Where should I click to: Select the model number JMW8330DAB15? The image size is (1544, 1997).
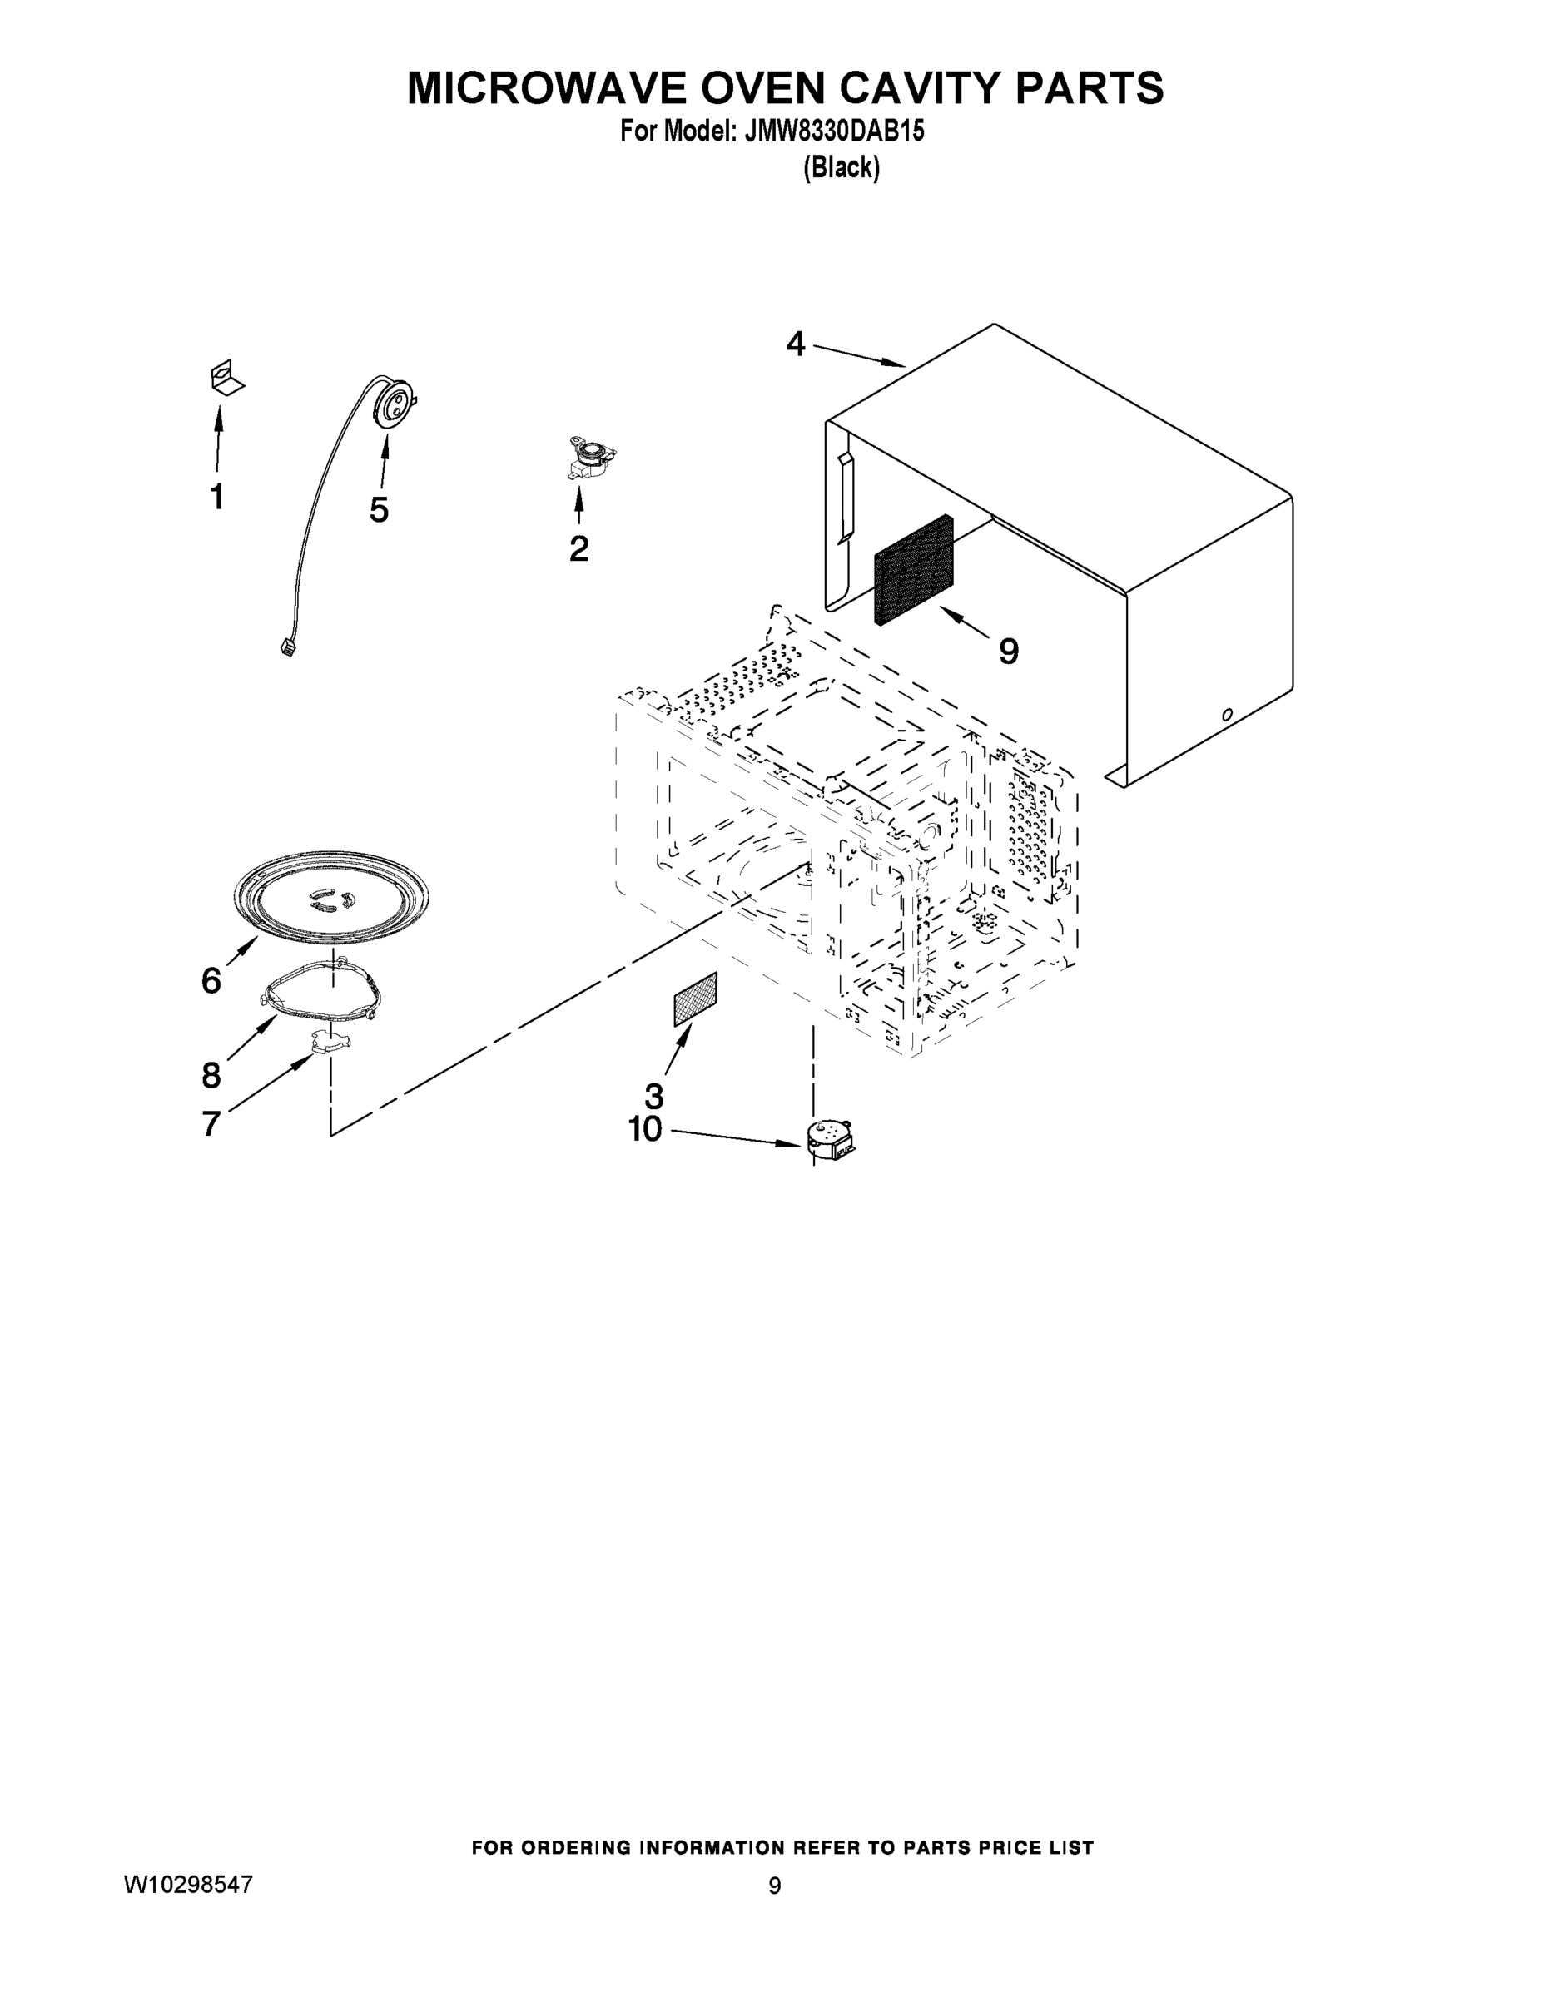[x=834, y=131]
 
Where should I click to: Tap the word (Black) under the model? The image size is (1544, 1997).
[x=842, y=168]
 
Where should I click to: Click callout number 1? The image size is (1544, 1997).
[x=216, y=498]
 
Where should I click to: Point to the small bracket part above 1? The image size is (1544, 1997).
[x=224, y=378]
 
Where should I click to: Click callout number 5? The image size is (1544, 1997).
[x=379, y=509]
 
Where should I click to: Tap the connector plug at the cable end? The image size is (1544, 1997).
[x=287, y=648]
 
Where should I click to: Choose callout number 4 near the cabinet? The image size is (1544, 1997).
[x=796, y=344]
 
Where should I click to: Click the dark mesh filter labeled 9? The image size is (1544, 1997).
[x=913, y=570]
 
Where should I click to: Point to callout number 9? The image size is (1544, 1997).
[x=1008, y=651]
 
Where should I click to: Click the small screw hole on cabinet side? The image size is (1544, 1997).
[x=1228, y=714]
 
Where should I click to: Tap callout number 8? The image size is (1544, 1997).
[x=211, y=1074]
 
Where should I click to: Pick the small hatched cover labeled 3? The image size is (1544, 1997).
[x=695, y=999]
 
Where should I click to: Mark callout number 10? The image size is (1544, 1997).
[x=645, y=1130]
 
